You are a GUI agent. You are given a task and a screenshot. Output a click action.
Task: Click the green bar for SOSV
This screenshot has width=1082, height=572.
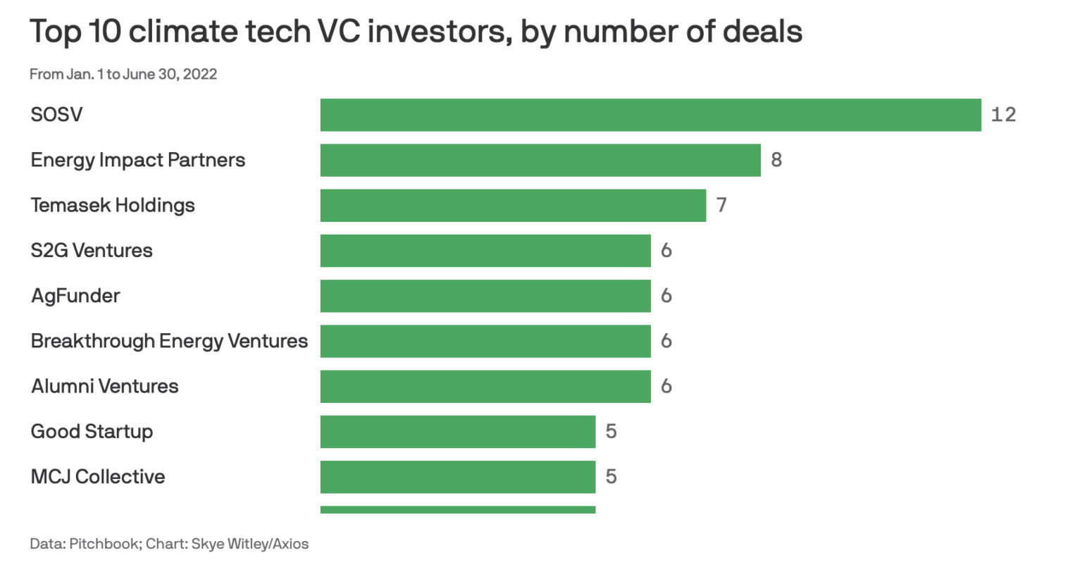tap(650, 115)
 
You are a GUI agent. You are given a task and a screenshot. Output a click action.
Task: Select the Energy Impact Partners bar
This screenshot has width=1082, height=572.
tap(540, 160)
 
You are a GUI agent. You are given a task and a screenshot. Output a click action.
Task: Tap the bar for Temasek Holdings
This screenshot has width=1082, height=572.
tap(513, 205)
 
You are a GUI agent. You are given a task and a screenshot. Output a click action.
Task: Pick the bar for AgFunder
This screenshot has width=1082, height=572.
tap(485, 296)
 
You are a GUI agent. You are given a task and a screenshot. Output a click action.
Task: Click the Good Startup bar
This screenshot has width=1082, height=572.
tap(458, 431)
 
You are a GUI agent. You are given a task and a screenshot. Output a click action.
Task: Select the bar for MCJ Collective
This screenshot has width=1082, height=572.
tap(458, 477)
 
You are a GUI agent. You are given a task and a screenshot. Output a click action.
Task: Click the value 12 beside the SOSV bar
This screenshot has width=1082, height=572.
tap(1003, 115)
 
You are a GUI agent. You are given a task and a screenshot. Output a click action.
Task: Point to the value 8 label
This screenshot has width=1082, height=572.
tap(776, 160)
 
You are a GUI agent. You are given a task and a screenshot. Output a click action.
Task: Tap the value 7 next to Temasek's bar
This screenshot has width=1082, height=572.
tap(721, 205)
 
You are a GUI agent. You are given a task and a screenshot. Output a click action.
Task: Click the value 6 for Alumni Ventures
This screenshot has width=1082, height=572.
tap(666, 386)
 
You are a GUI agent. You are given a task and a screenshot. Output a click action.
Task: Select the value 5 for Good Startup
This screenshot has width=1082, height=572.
tap(611, 431)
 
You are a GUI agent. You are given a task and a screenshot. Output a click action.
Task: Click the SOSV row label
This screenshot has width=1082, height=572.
tap(56, 115)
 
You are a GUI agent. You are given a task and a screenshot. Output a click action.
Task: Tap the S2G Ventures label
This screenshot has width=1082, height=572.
tap(92, 251)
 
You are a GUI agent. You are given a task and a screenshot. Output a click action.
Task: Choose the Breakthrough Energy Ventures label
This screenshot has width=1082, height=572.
tap(169, 341)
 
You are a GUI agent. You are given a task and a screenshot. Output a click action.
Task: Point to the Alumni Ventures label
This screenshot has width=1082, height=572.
tap(105, 386)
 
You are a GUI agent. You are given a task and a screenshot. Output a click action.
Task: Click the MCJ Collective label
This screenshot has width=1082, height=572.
tap(98, 477)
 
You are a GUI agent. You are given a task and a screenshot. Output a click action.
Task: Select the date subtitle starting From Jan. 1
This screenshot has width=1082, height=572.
tap(123, 74)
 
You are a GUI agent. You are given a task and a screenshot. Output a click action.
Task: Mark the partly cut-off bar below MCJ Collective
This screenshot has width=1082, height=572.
tap(458, 509)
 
